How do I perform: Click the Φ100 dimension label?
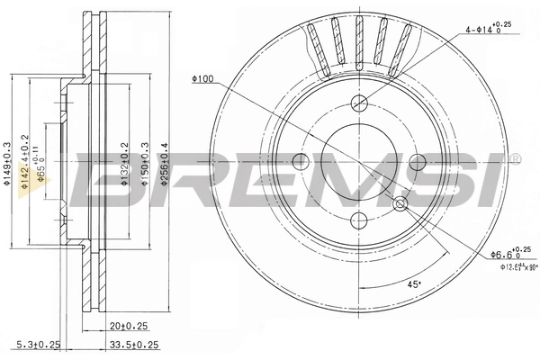point(202,79)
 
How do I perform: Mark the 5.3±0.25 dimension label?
point(35,345)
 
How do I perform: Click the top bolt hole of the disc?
point(360,102)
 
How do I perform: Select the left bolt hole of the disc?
point(301,163)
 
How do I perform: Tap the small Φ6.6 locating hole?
point(401,204)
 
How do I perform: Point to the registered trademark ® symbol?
point(516,159)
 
